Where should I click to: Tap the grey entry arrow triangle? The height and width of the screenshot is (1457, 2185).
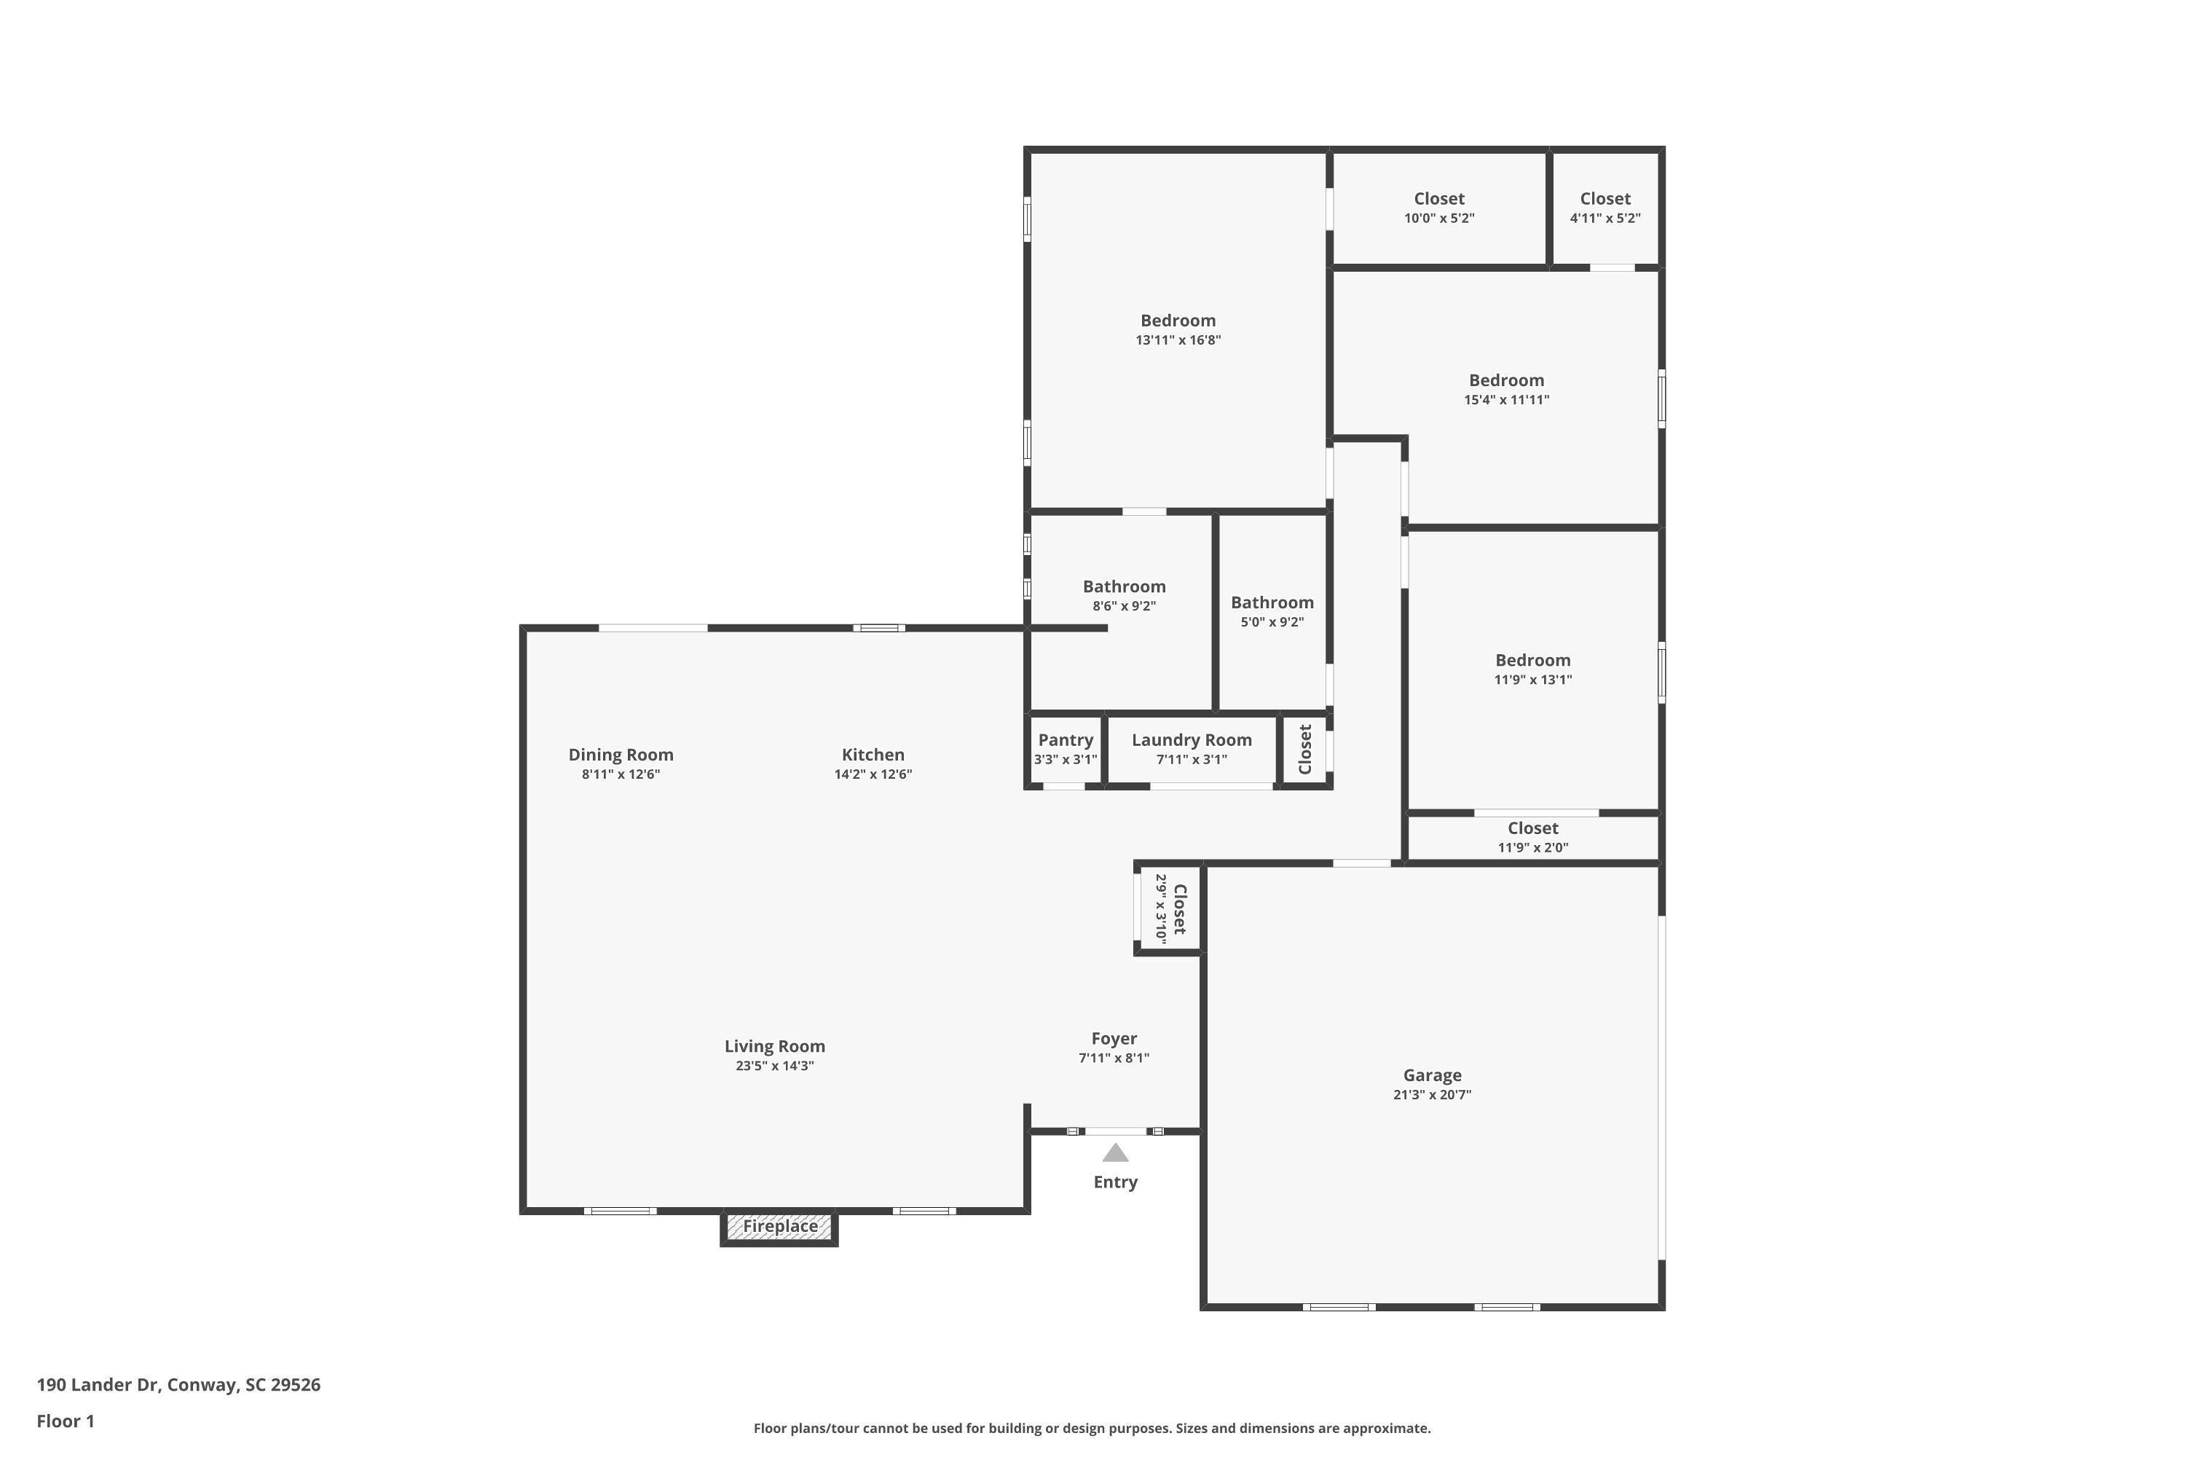pyautogui.click(x=1115, y=1153)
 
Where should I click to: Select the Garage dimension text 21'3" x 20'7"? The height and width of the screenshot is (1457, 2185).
pyautogui.click(x=1432, y=1095)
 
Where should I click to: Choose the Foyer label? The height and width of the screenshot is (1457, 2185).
pyautogui.click(x=1114, y=1038)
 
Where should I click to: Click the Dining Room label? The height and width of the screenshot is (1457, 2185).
pyautogui.click(x=621, y=755)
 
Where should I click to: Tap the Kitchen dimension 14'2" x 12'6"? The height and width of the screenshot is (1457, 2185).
pyautogui.click(x=873, y=774)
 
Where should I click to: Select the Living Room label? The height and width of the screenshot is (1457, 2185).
pyautogui.click(x=775, y=1046)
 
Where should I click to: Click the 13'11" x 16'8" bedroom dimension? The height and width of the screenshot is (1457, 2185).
pyautogui.click(x=1178, y=340)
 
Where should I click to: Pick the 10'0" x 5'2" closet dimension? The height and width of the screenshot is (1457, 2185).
pyautogui.click(x=1439, y=219)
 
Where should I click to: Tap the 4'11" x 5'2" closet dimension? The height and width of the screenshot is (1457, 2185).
pyautogui.click(x=1605, y=219)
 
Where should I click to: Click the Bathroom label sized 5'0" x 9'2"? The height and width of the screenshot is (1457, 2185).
pyautogui.click(x=1272, y=602)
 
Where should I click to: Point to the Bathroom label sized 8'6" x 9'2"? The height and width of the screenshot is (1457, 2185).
pyautogui.click(x=1124, y=586)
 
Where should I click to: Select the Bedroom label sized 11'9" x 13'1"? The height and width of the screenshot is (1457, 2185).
pyautogui.click(x=1533, y=660)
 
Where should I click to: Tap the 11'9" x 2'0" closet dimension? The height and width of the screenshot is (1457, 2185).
pyautogui.click(x=1533, y=847)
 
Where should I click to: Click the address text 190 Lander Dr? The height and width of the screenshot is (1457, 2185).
pyautogui.click(x=98, y=1385)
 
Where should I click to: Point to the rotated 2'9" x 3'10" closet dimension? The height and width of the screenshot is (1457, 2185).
pyautogui.click(x=1160, y=908)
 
